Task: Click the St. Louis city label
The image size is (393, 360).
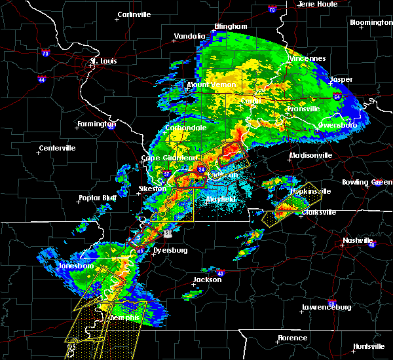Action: point(103,62)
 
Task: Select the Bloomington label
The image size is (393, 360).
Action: point(371,22)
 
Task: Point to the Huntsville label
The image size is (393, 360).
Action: point(369,346)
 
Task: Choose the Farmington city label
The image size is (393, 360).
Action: point(97,124)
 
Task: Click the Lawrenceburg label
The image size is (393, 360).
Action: point(326,307)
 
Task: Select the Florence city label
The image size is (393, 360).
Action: point(291,338)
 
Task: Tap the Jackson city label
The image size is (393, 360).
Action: point(206,280)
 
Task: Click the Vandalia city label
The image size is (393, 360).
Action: point(189,37)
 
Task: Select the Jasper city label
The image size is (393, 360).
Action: point(341,80)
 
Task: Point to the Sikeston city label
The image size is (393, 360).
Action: point(153,189)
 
